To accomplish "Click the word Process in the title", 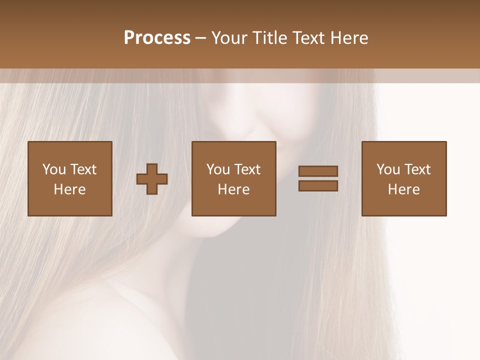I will (157, 38).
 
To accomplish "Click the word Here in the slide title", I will (351, 38).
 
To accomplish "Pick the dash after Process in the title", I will (200, 38).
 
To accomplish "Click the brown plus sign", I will (152, 179).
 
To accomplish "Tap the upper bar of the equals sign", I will (318, 171).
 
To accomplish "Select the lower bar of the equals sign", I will (318, 185).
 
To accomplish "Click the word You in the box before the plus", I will (53, 169).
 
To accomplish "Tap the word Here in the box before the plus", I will (70, 189).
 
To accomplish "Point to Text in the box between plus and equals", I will (247, 169).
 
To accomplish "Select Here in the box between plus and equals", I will (234, 189).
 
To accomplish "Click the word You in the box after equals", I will (388, 169).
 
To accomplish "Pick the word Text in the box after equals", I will (417, 169).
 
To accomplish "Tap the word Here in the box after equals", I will (404, 189).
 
